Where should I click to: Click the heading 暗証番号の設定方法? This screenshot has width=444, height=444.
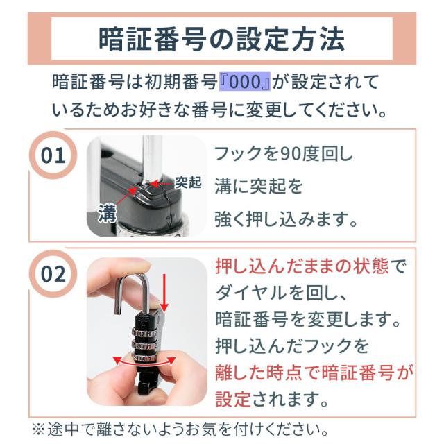coord(221,39)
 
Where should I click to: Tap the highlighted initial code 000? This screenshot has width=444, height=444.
coord(245,82)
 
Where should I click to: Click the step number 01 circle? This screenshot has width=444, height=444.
coord(53,155)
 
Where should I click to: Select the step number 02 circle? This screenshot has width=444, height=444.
coord(53,274)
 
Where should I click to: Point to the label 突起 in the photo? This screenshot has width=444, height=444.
coord(188,182)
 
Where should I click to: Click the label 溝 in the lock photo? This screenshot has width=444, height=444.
coord(108,213)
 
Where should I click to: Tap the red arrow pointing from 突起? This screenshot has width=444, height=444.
coord(161,184)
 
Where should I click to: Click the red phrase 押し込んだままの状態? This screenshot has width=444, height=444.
coord(302,266)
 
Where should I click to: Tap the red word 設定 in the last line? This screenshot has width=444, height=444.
coord(233,399)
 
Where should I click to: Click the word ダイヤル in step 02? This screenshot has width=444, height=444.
coord(251,293)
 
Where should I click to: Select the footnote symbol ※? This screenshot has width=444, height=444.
coord(39,430)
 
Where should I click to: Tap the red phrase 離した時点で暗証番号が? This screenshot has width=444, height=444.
coord(314,373)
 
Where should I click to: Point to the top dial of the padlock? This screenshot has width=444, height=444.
coord(144,333)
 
